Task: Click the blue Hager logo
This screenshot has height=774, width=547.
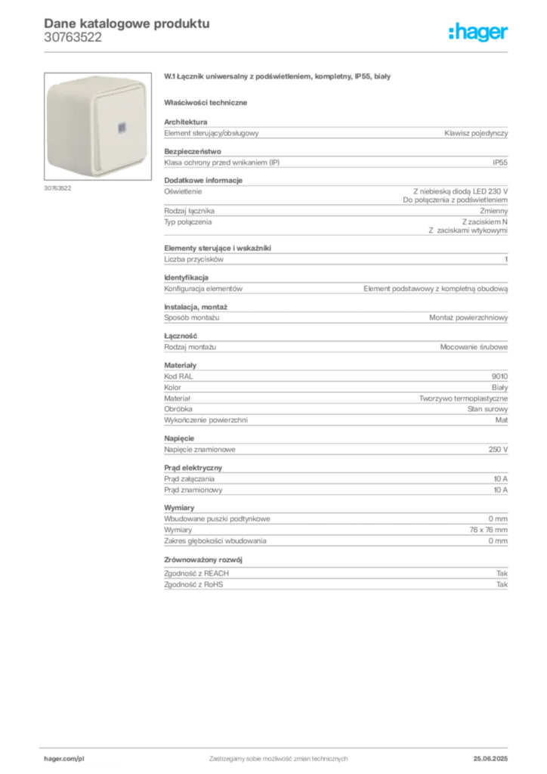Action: click(x=479, y=33)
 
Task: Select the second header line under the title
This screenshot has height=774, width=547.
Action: click(x=71, y=42)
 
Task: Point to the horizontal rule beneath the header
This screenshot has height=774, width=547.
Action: click(x=277, y=51)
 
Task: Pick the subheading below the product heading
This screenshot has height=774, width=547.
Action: click(x=208, y=102)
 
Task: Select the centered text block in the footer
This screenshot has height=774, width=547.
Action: click(x=277, y=755)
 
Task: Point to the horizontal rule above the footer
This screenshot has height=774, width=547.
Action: click(x=277, y=746)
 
